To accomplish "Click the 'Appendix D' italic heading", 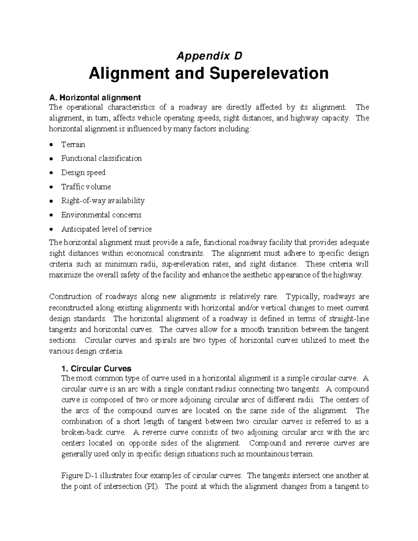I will click(209, 56).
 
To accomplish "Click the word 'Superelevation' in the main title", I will click(269, 74).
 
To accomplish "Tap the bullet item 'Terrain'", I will click(73, 144).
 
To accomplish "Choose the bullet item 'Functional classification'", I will click(101, 158).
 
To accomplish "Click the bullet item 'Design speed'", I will click(83, 172).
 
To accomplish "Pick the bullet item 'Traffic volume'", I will click(86, 187).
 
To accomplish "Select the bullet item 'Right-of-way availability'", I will click(103, 201).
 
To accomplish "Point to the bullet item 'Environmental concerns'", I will click(101, 215).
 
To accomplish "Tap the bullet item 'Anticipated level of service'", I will click(107, 229).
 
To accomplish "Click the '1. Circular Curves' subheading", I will click(96, 369).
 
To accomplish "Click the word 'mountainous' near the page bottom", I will click(268, 454).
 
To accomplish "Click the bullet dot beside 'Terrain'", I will click(52, 145).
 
